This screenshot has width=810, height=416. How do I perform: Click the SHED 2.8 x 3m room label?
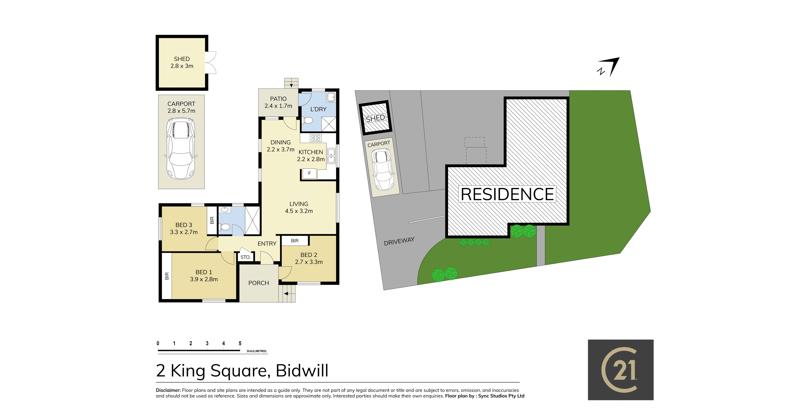pyautogui.click(x=182, y=62)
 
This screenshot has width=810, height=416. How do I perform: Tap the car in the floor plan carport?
pyautogui.click(x=181, y=149)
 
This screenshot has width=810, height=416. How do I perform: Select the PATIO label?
pyautogui.click(x=278, y=99)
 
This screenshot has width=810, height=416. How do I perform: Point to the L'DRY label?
pyautogui.click(x=318, y=109)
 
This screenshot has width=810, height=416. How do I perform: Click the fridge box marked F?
pyautogui.click(x=309, y=174)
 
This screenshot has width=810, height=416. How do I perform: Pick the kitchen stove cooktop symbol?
pyautogui.click(x=315, y=138)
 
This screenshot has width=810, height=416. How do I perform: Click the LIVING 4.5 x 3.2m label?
pyautogui.click(x=299, y=207)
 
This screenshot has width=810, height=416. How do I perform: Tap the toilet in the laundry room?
pyautogui.click(x=307, y=120)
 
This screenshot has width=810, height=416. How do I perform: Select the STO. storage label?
pyautogui.click(x=245, y=257)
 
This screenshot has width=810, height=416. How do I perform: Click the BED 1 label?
pyautogui.click(x=204, y=272)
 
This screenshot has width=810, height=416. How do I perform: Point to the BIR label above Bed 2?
pyautogui.click(x=295, y=241)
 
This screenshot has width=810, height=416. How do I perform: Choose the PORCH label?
pyautogui.click(x=258, y=283)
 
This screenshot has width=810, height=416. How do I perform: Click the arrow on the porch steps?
pyautogui.click(x=286, y=294)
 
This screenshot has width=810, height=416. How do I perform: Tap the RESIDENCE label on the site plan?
pyautogui.click(x=507, y=194)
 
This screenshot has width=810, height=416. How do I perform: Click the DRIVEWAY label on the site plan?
pyautogui.click(x=399, y=241)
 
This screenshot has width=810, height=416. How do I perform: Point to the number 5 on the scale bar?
pyautogui.click(x=240, y=343)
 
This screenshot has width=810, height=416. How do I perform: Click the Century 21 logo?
pyautogui.click(x=621, y=370)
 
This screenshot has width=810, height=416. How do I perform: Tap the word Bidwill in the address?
pyautogui.click(x=302, y=371)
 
